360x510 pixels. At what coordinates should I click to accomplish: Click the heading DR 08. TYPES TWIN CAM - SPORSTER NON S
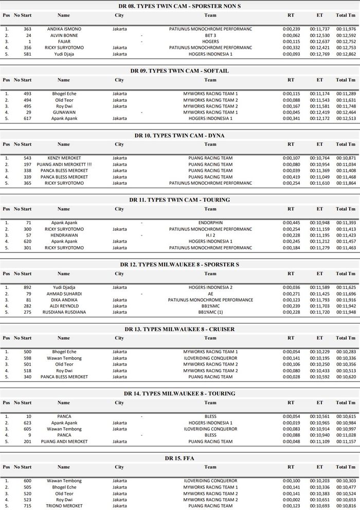point(180,6)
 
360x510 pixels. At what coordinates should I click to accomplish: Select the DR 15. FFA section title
point(180,458)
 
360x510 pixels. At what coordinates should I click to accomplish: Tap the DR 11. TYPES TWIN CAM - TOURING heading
point(180,199)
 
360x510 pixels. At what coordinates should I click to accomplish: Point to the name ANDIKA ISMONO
point(64,29)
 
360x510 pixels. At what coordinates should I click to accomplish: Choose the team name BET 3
point(210,35)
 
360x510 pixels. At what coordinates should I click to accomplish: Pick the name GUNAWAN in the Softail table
point(64,112)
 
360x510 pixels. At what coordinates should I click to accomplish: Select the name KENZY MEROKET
point(64,158)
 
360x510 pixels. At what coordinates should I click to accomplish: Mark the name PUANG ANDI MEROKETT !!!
point(64,165)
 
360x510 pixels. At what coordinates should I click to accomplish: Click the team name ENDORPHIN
point(210,223)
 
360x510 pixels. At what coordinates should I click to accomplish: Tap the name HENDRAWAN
point(64,235)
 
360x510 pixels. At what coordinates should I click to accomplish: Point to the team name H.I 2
point(210,235)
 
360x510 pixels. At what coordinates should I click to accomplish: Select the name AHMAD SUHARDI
point(64,294)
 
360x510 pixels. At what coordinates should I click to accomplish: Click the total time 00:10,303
point(346,481)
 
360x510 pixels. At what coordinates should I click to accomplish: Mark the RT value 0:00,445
point(291,223)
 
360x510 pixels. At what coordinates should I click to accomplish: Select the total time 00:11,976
point(346,29)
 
